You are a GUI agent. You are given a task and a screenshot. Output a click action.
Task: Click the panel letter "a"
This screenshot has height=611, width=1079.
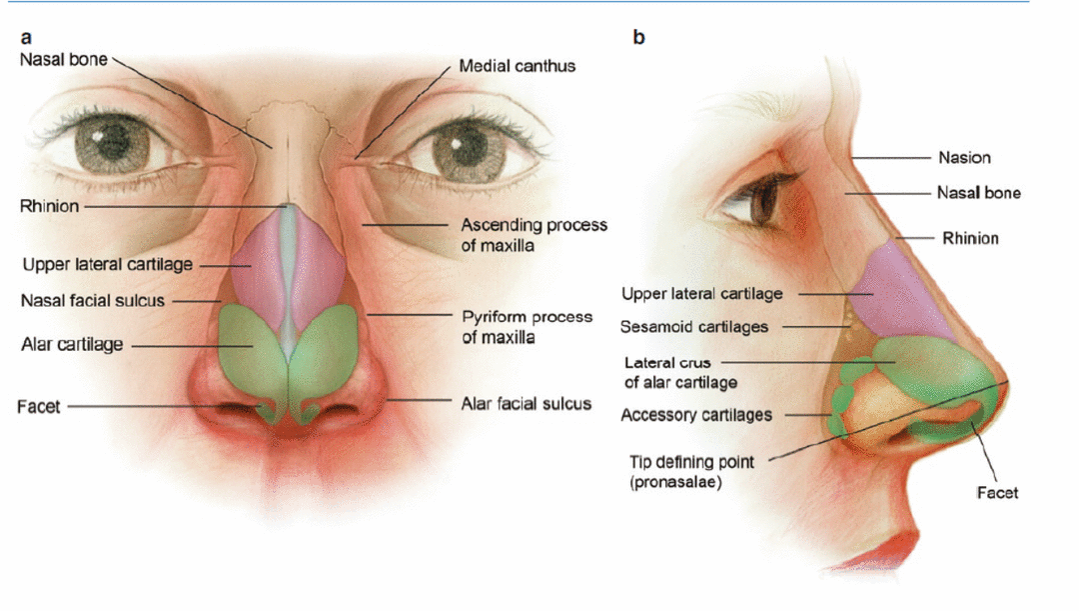tap(26, 38)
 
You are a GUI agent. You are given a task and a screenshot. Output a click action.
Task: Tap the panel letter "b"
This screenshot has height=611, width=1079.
tap(638, 38)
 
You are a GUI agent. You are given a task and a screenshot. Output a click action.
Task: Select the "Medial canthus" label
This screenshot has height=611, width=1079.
tap(517, 66)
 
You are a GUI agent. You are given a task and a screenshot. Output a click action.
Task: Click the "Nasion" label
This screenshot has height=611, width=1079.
tap(964, 157)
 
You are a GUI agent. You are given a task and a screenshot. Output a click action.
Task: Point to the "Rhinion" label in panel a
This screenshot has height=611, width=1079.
tap(49, 207)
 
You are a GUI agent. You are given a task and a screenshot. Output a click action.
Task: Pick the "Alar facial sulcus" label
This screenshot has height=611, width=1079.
tap(526, 404)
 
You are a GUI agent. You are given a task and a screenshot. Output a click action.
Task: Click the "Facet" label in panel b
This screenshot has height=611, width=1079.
tap(996, 492)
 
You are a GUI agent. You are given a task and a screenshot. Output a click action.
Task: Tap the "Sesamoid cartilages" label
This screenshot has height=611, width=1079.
tap(693, 327)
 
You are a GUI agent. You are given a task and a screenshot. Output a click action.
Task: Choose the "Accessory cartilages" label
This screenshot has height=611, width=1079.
tap(696, 414)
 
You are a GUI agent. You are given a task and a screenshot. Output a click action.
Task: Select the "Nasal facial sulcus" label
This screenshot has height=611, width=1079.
tap(92, 300)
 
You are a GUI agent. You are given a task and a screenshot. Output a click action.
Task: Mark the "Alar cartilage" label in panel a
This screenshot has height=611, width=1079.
tap(72, 345)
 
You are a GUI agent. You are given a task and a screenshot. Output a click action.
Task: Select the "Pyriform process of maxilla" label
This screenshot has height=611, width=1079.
tap(527, 327)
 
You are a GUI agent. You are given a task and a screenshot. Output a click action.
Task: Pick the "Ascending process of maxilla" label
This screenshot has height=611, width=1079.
tap(534, 234)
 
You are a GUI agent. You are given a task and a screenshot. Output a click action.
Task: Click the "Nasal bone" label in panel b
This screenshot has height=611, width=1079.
tap(978, 193)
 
